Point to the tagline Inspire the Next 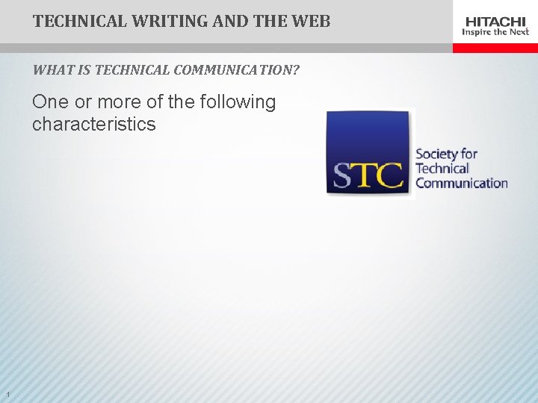coord(495,32)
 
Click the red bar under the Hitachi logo coord(495,48)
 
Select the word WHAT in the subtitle coord(48,71)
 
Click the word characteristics coord(94,124)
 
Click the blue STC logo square coord(368,153)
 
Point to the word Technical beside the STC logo coord(442,169)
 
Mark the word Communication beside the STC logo coord(461,183)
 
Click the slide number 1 coord(7,395)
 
